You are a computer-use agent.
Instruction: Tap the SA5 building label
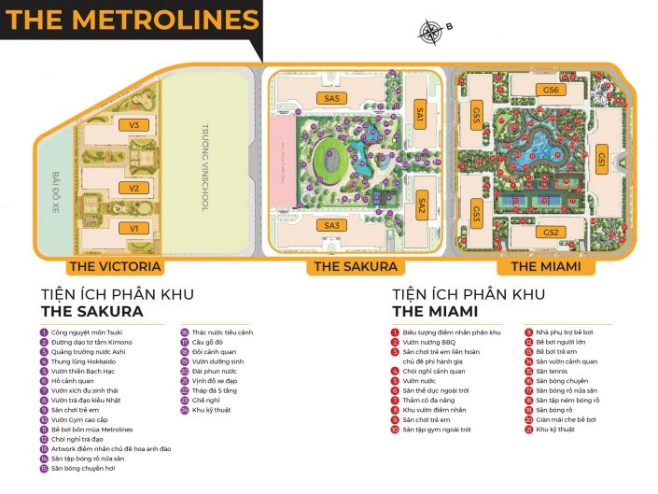pos(331,98)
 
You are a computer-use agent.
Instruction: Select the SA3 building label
pos(331,225)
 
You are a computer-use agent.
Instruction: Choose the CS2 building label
pos(551,232)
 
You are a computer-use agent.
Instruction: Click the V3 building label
pos(134,125)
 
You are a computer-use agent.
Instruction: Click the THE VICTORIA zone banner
pos(109,267)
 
